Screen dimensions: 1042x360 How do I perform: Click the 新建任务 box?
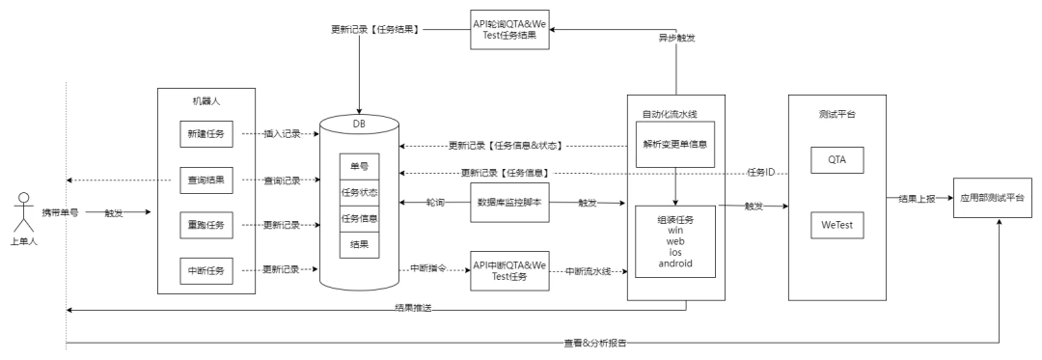206,134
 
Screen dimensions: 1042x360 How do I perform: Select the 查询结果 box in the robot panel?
206,180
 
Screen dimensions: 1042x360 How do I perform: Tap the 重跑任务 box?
206,225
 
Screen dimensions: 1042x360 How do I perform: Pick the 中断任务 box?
206,270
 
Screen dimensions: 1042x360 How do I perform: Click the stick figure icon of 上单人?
24,212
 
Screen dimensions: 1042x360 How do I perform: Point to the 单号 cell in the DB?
360,167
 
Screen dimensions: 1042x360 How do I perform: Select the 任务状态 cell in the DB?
360,193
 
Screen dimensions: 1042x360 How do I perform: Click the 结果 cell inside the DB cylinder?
360,245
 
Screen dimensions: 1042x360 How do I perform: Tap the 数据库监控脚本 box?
509,202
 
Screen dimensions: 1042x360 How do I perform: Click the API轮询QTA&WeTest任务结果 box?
509,29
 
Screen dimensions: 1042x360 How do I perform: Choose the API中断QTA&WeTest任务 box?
509,270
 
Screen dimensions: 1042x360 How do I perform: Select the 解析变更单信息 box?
675,144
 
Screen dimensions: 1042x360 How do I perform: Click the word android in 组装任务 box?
675,263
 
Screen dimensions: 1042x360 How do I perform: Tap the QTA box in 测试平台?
837,160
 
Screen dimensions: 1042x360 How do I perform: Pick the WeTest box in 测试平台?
837,225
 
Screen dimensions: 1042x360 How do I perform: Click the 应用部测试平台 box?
993,198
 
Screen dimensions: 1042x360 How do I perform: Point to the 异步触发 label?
676,38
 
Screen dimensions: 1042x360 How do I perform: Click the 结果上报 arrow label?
917,198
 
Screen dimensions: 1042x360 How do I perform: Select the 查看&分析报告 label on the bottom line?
594,344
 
